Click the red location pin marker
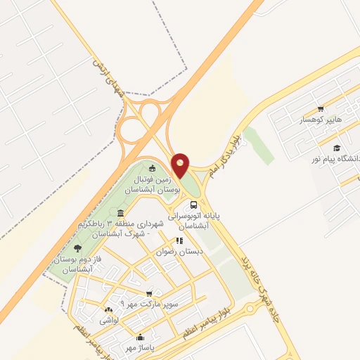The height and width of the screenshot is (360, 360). pos(181,165)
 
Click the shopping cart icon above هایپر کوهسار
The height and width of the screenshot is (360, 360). pos(321,109)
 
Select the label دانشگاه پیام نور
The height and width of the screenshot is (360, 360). pos(336,160)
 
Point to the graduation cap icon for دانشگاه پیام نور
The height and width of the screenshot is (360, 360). pos(337,148)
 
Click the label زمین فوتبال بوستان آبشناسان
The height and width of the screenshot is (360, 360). pos(153,185)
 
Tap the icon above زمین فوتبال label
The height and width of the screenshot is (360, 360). pos(153,167)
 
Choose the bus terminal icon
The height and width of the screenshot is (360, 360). pos(194,205)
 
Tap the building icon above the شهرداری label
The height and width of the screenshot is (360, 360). pos(121,213)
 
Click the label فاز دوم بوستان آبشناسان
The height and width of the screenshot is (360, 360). pos(78,264)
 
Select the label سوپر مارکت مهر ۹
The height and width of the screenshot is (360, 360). pos(148,304)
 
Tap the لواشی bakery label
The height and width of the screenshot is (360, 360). pos(109,320)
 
